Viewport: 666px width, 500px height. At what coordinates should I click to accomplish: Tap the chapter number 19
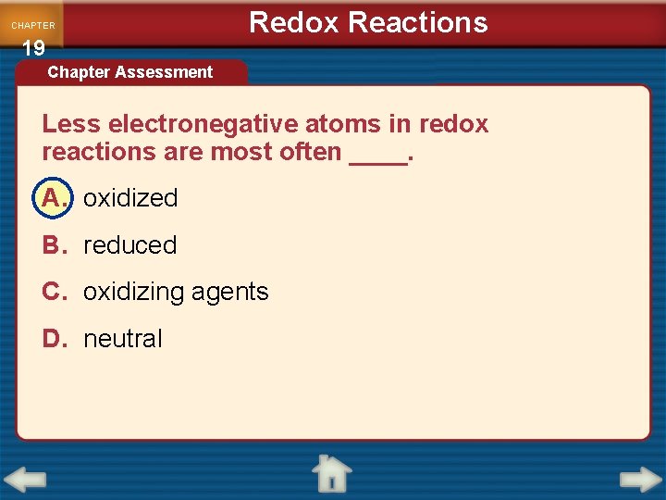coord(33,49)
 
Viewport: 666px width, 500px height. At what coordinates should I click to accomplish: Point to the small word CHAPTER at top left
coord(33,26)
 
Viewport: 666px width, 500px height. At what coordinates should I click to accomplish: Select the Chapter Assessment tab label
coord(130,72)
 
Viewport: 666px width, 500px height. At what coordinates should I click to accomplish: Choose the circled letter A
coord(54,197)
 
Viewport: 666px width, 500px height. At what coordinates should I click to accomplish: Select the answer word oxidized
coord(130,198)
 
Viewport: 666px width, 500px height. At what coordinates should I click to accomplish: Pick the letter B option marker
coord(54,245)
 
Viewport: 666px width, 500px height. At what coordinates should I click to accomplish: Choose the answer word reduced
coord(130,245)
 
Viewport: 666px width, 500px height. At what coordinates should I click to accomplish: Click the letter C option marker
coord(54,293)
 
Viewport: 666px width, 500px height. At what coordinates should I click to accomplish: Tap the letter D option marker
coord(54,339)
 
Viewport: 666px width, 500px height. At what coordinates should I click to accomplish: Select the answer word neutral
coord(123,339)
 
